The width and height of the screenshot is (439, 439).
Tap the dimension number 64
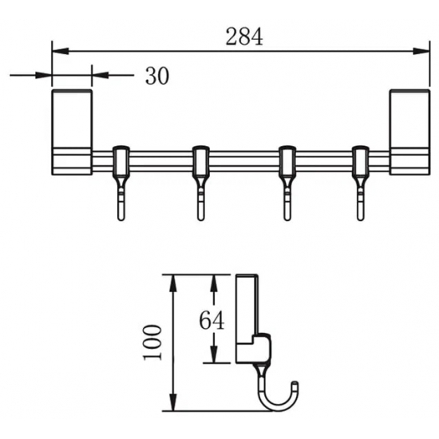(x=210, y=320)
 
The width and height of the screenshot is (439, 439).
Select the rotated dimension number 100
(x=155, y=342)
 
